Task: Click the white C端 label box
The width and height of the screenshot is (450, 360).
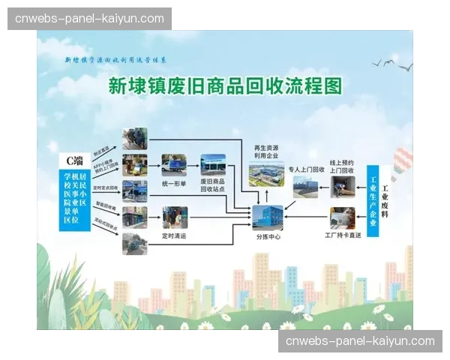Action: click(x=74, y=160)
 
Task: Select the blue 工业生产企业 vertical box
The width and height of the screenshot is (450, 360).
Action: click(x=373, y=202)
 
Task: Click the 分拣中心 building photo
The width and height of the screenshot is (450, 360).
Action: click(x=268, y=217)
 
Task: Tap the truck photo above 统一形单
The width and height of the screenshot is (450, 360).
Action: click(x=173, y=165)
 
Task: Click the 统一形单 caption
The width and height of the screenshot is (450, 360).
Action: click(x=173, y=183)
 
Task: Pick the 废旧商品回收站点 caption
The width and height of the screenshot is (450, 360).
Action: click(x=213, y=187)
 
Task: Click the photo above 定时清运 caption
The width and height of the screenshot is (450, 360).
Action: click(x=175, y=217)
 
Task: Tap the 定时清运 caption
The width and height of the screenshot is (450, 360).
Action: click(x=174, y=235)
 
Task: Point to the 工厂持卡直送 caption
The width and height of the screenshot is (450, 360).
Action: click(x=342, y=235)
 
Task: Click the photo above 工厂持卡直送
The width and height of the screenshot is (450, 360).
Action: click(x=342, y=217)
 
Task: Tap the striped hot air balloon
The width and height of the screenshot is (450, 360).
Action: click(x=403, y=161)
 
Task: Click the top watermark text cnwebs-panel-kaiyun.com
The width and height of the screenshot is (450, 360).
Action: click(x=89, y=18)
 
